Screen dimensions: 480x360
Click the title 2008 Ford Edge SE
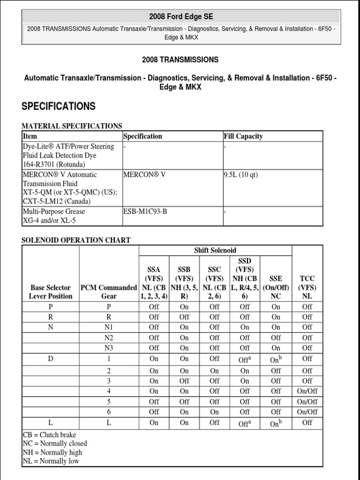point(180,16)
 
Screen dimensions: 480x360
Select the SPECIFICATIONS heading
point(59,106)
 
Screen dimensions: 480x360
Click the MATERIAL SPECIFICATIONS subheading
point(72,126)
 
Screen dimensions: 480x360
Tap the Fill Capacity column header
point(243,136)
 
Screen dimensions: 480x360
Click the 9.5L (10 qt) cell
point(241,175)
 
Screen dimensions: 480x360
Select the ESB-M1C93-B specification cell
point(145,211)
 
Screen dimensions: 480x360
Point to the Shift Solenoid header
point(215,251)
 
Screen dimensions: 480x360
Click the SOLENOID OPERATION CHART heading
point(76,240)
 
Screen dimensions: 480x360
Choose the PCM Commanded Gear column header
point(109,292)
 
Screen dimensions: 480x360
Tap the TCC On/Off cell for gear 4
point(307,391)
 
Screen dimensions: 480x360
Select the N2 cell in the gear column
point(109,337)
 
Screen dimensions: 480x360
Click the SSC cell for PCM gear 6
point(214,412)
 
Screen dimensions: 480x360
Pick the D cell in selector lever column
point(51,359)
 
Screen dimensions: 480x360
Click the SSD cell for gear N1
point(245,327)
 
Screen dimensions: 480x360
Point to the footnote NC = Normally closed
point(55,443)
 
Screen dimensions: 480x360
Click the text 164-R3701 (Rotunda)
point(54,164)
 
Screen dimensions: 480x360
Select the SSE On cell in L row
point(276,423)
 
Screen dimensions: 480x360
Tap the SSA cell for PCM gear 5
point(154,401)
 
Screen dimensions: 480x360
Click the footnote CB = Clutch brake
point(49,435)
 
